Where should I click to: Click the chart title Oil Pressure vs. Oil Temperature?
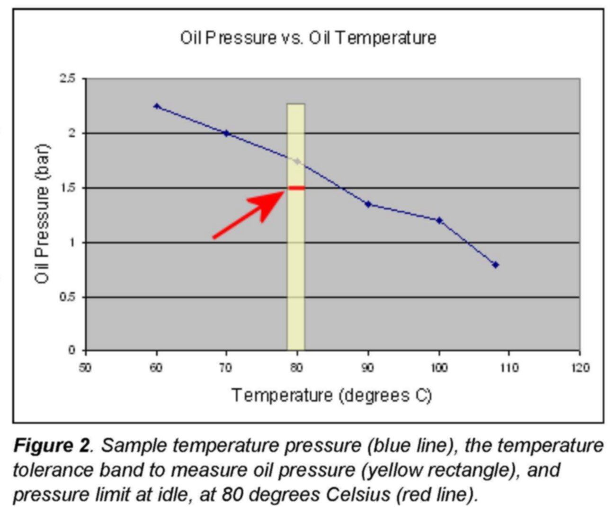point(308,37)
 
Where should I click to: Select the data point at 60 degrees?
point(157,106)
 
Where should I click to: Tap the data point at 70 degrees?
point(226,133)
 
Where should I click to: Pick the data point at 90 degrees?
point(368,204)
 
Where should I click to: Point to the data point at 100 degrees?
point(439,220)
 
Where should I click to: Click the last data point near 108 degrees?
point(496,265)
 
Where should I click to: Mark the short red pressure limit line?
point(297,188)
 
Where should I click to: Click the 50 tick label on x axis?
point(85,368)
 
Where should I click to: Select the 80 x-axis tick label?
point(297,368)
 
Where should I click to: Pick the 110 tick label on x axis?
point(509,368)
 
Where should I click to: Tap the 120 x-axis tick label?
point(580,368)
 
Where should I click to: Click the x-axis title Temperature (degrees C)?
point(331,395)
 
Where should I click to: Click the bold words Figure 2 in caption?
point(51,445)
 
